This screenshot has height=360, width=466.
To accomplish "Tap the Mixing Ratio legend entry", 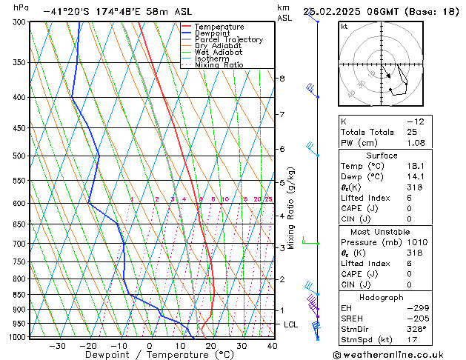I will pos(219,65).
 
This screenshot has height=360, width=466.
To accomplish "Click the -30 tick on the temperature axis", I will pos(57,346).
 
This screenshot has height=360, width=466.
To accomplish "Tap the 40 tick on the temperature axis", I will pos(272,346).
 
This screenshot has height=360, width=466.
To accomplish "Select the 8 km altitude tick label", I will pos(282,79).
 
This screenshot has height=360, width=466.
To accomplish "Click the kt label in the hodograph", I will pos(344,27).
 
